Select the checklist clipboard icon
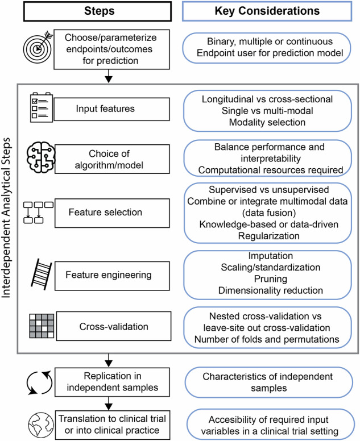pos(37,107)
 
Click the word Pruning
pos(268,279)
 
